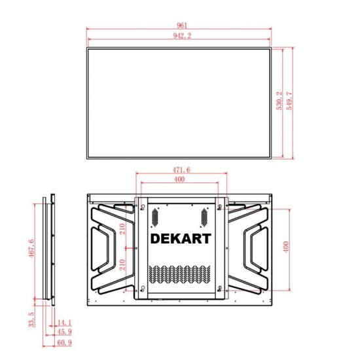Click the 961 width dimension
pyautogui.click(x=181, y=26)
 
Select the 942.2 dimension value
pyautogui.click(x=182, y=36)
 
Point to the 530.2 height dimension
pyautogui.click(x=279, y=101)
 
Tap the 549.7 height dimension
pyautogui.click(x=290, y=101)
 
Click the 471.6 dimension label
pyautogui.click(x=181, y=170)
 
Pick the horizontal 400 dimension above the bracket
pyautogui.click(x=179, y=179)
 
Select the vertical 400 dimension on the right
pyautogui.click(x=286, y=247)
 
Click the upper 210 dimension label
pyautogui.click(x=122, y=229)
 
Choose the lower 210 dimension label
pyautogui.click(x=122, y=264)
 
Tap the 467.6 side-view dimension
pyautogui.click(x=31, y=248)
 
